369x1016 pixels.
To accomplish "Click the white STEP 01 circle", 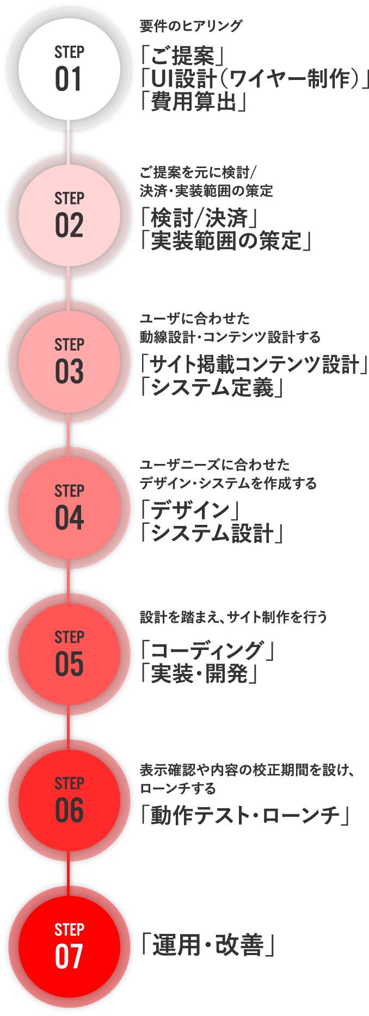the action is pos(69,70).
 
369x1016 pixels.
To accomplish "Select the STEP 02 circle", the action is pos(69,216).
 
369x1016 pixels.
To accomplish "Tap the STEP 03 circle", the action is pos(69,362).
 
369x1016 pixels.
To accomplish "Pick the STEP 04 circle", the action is pos(69,509).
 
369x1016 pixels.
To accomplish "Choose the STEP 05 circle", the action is pos(69,654).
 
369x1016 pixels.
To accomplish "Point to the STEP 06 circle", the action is pos(69,801).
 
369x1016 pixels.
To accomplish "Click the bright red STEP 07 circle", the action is pos(69,947).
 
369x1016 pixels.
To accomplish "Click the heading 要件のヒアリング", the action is pos(191,26).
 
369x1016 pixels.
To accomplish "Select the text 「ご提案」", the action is pos(182,55).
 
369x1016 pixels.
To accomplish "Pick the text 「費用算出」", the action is pos(193,102).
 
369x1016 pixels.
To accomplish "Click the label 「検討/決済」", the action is pos(199,218).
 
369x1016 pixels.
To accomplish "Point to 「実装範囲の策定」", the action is pos(225,241).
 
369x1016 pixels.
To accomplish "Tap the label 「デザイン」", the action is pos(190,510).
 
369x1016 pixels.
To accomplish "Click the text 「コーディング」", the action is pos(207,651).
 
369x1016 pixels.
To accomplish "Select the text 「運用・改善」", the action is pos(207,945).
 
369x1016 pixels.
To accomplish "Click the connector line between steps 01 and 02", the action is pos(69,143).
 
